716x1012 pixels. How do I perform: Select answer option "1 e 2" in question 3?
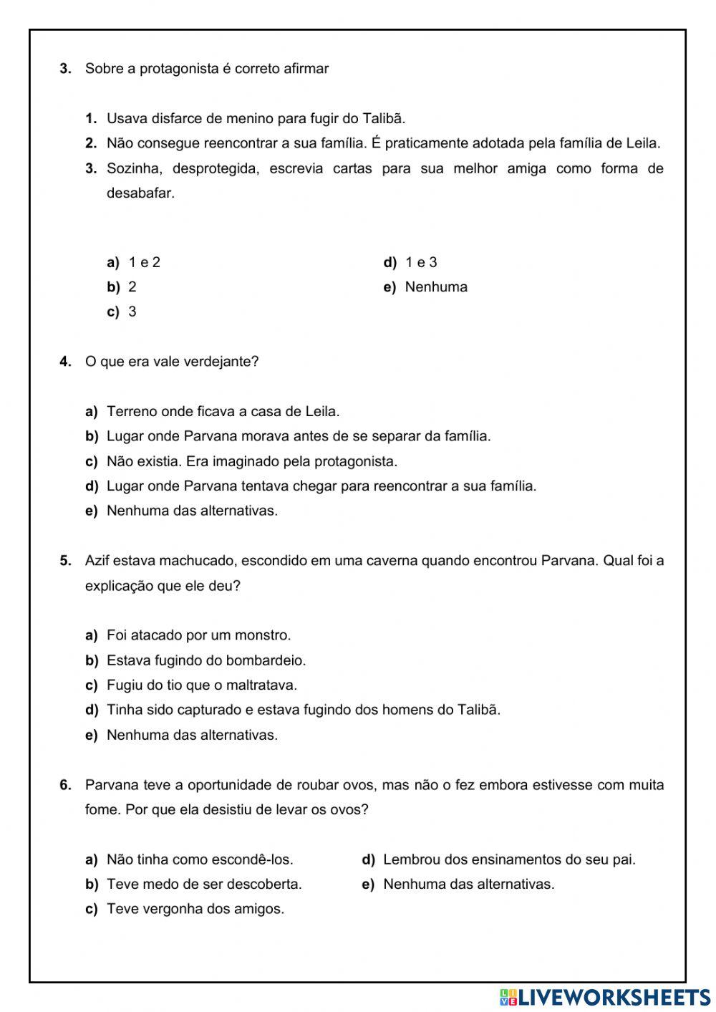tap(144, 262)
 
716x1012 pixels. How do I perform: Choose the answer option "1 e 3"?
tap(420, 262)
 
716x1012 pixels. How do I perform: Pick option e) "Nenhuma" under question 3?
tap(435, 287)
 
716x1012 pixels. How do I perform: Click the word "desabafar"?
tap(140, 193)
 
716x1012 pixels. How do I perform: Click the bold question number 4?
tap(65, 362)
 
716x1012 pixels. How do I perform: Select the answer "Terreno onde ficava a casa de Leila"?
tap(223, 412)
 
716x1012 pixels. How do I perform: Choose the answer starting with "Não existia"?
tap(251, 461)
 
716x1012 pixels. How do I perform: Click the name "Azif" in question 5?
tap(97, 561)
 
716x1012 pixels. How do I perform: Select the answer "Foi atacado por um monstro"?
tap(198, 635)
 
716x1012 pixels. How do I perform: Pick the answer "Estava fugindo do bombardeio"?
tap(205, 660)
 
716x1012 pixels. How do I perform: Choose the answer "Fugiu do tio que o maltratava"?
tap(201, 685)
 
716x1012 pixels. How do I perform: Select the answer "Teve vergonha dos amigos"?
tap(195, 910)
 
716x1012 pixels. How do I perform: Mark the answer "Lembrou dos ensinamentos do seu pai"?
tap(508, 859)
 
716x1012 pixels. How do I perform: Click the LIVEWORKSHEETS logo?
tap(605, 997)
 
